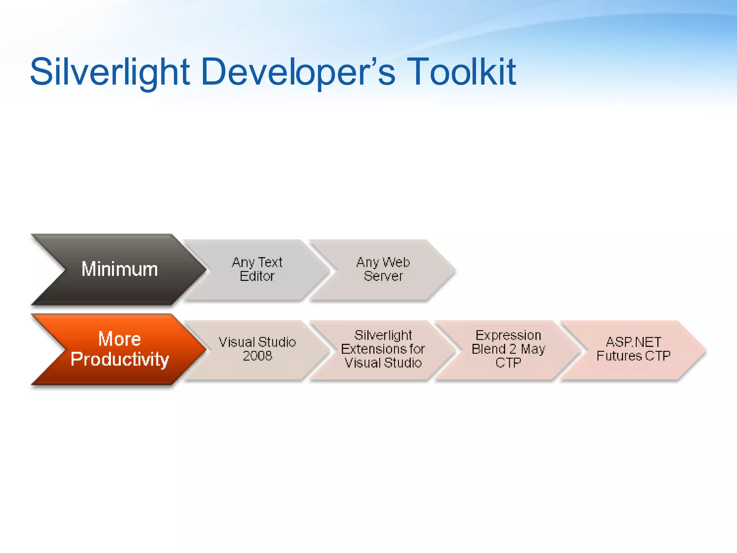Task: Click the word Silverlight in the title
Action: pyautogui.click(x=110, y=72)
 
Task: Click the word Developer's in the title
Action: pyautogui.click(x=298, y=72)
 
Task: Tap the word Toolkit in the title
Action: pyautogui.click(x=462, y=72)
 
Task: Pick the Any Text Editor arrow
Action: pyautogui.click(x=257, y=269)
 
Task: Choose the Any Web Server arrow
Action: pyautogui.click(x=383, y=269)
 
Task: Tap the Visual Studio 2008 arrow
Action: pyautogui.click(x=257, y=349)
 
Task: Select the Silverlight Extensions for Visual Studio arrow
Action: pyautogui.click(x=383, y=349)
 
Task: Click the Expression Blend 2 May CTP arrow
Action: pyautogui.click(x=508, y=349)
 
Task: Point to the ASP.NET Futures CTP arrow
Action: pyautogui.click(x=633, y=349)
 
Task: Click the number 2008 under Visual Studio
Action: pyautogui.click(x=257, y=356)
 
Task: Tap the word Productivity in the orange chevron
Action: pyautogui.click(x=119, y=359)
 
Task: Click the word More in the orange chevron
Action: pyautogui.click(x=119, y=339)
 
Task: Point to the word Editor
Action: pyautogui.click(x=257, y=276)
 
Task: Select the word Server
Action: pyautogui.click(x=383, y=276)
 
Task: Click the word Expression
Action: pyautogui.click(x=508, y=336)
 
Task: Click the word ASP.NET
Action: pyautogui.click(x=633, y=342)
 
